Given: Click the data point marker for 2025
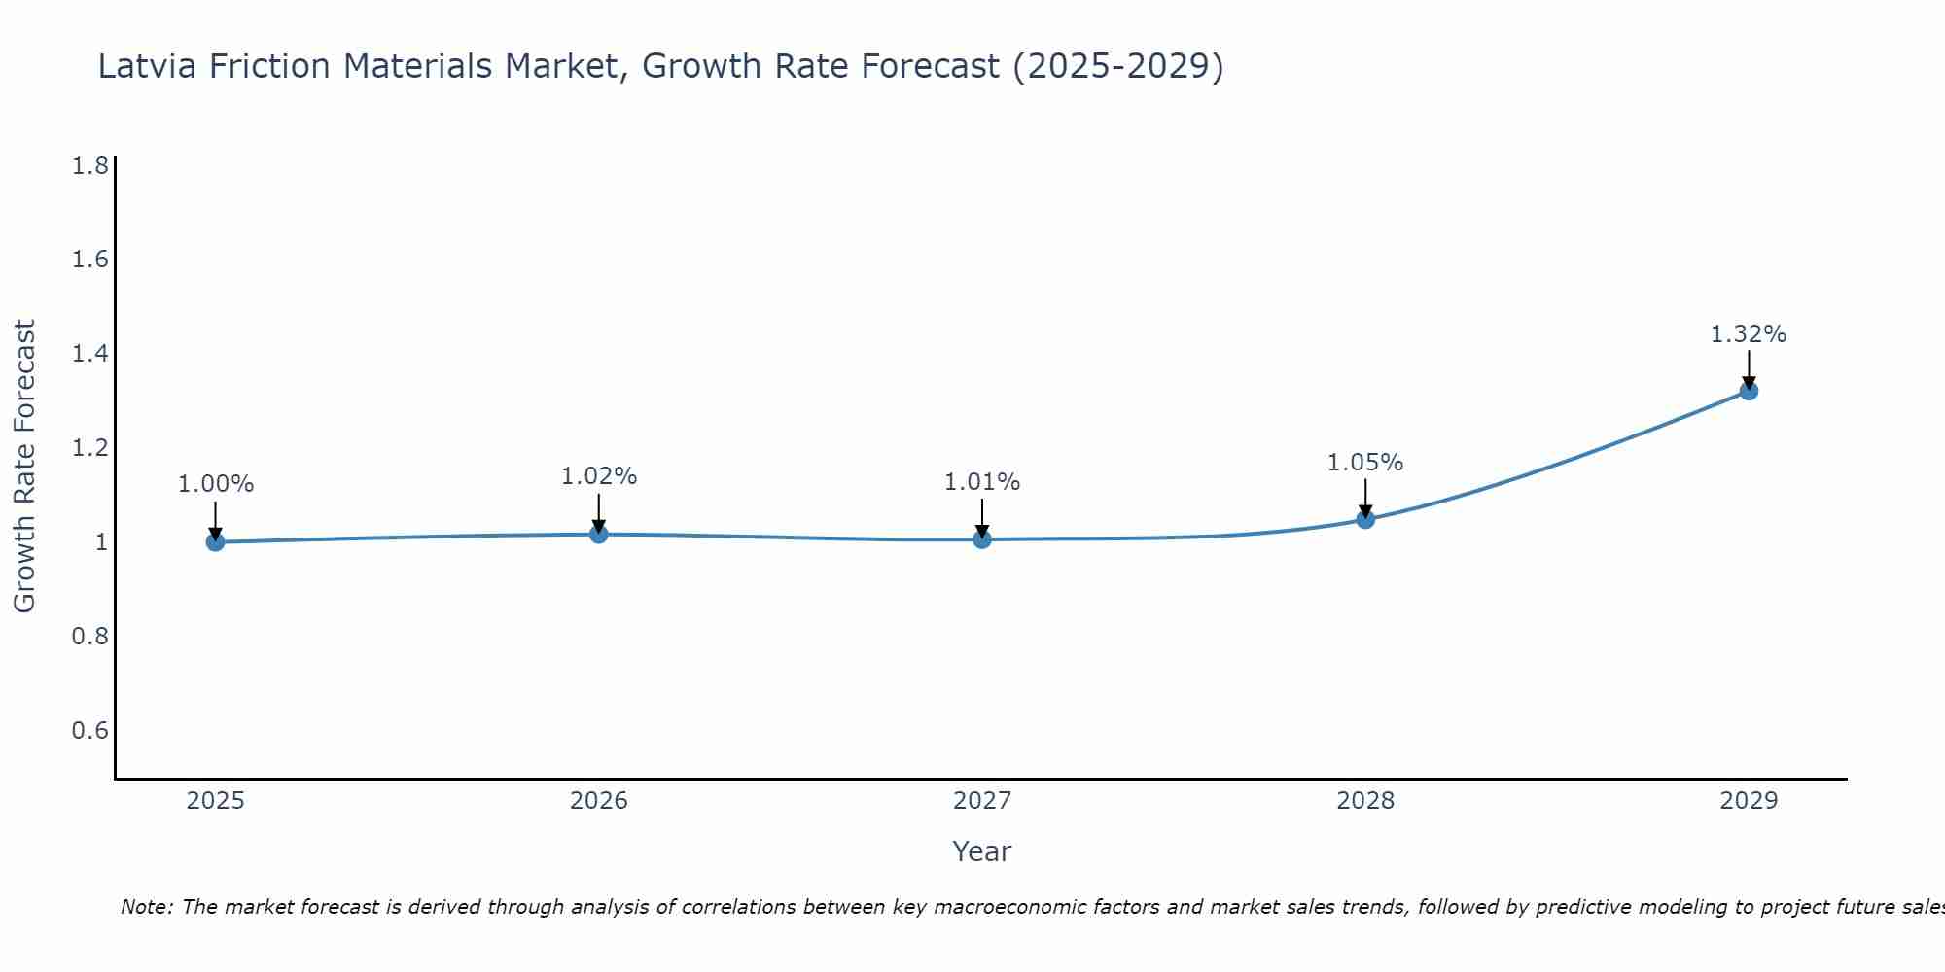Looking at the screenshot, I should pyautogui.click(x=216, y=542).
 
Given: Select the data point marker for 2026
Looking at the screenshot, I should pyautogui.click(x=599, y=534).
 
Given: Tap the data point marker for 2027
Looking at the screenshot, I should pyautogui.click(x=982, y=539).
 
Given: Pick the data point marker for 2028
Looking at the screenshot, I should pyautogui.click(x=1365, y=519).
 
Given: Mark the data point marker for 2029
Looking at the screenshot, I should pyautogui.click(x=1749, y=391).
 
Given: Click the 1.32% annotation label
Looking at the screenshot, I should pyautogui.click(x=1749, y=334).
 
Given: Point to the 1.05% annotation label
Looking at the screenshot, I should pyautogui.click(x=1365, y=463).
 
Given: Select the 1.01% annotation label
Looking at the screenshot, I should pyautogui.click(x=982, y=482).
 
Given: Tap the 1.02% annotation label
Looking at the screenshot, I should pyautogui.click(x=599, y=476).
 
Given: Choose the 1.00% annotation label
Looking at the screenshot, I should pyautogui.click(x=216, y=484).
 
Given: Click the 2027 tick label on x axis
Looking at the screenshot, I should pyautogui.click(x=982, y=801).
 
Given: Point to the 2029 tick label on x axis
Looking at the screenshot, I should pyautogui.click(x=1749, y=801).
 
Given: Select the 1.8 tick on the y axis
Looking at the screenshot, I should pyautogui.click(x=89, y=166).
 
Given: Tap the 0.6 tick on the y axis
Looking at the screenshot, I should pyautogui.click(x=89, y=730).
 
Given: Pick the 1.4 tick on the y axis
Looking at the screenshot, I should pyautogui.click(x=89, y=354).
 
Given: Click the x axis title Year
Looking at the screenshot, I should pyautogui.click(x=982, y=851).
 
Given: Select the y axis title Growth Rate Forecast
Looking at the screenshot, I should pyautogui.click(x=24, y=467).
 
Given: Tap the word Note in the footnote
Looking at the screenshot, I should pyautogui.click(x=146, y=907).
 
